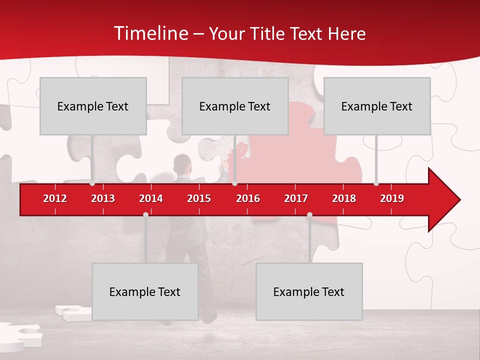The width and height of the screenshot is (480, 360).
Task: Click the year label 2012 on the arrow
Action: pyautogui.click(x=55, y=198)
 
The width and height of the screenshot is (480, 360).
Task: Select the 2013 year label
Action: pyautogui.click(x=103, y=198)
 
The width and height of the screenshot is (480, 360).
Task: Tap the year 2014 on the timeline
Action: pyautogui.click(x=151, y=198)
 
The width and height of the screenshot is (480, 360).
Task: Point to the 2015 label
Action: pyautogui.click(x=199, y=198)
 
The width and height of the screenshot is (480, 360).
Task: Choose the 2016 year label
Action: pyautogui.click(x=248, y=198)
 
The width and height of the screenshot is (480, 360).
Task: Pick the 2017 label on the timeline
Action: pyautogui.click(x=296, y=198)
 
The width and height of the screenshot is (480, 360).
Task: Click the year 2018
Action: pyautogui.click(x=344, y=198)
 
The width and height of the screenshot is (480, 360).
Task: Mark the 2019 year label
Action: pyautogui.click(x=392, y=198)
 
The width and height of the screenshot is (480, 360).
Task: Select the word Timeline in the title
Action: pyautogui.click(x=149, y=33)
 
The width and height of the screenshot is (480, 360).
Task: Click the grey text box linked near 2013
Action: pyautogui.click(x=93, y=106)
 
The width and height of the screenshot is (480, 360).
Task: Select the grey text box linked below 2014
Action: pyautogui.click(x=145, y=291)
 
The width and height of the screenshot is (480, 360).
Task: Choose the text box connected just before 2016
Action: pyautogui.click(x=235, y=106)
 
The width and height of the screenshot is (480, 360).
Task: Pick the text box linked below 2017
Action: pyautogui.click(x=309, y=291)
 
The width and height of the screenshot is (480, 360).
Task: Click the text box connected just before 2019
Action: pyautogui.click(x=377, y=106)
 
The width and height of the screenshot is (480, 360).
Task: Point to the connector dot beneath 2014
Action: pyautogui.click(x=145, y=214)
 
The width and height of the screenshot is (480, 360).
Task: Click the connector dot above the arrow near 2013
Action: pyautogui.click(x=92, y=183)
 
